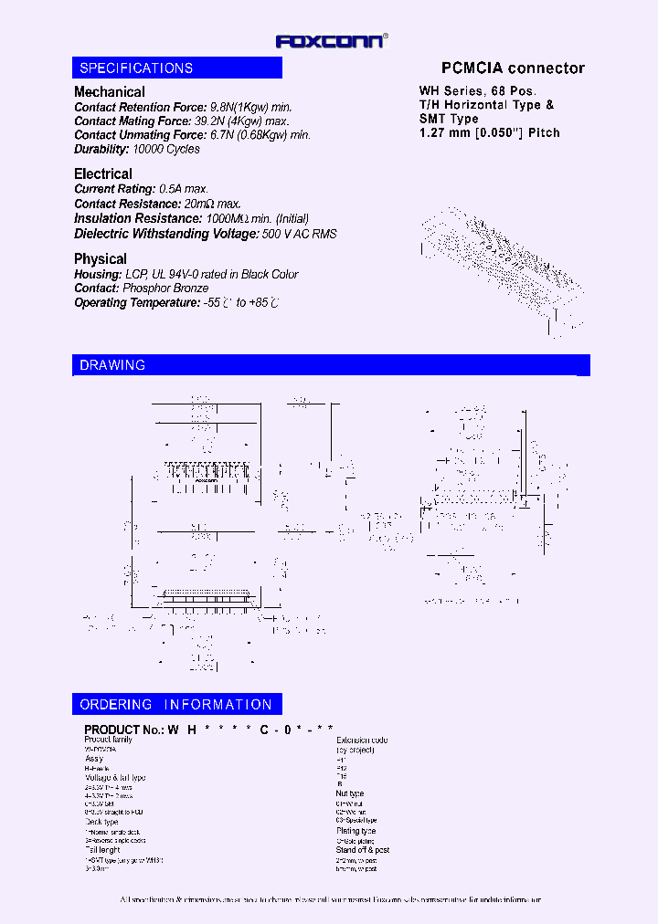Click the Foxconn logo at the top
[x=332, y=40]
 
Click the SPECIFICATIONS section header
[x=136, y=68]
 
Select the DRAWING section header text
[x=112, y=365]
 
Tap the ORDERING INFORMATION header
[x=176, y=705]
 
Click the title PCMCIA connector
[x=513, y=68]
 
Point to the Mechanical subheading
[x=110, y=92]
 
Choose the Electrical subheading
[x=103, y=174]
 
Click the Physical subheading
[x=101, y=259]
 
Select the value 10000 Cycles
[x=166, y=149]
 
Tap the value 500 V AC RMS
[x=300, y=234]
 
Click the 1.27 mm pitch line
[x=489, y=133]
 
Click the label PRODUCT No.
[x=123, y=730]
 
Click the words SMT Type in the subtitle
[x=449, y=120]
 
